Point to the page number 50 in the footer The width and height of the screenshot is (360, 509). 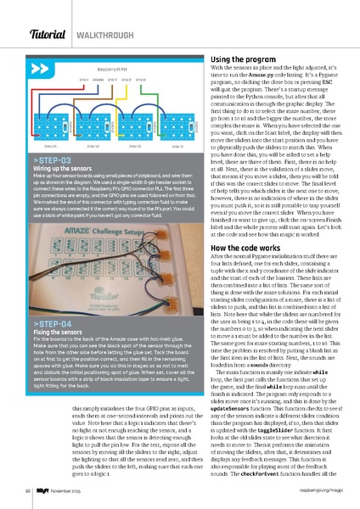tap(28, 489)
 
